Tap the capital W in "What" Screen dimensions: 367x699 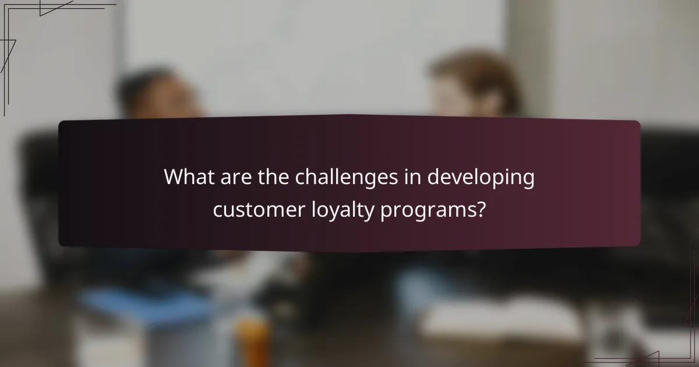[x=174, y=177]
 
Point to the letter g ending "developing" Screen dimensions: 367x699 [x=528, y=181]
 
